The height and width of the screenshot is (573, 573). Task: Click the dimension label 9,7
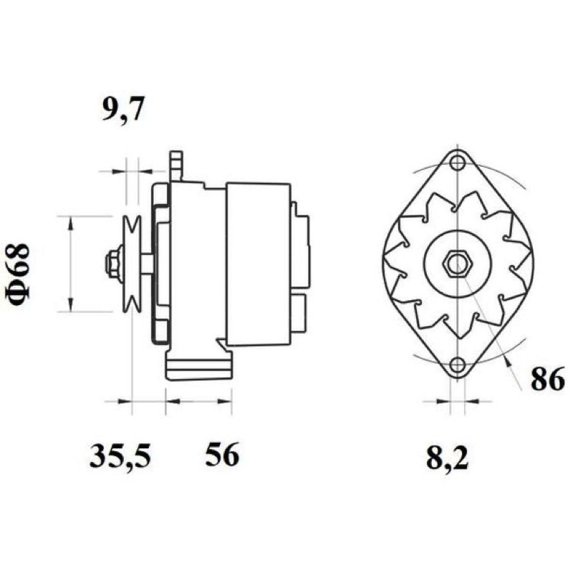(x=122, y=109)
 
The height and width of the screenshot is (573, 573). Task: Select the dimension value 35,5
(x=120, y=456)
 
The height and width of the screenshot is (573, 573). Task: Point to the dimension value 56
(x=222, y=454)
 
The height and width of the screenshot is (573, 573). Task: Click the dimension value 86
(x=548, y=379)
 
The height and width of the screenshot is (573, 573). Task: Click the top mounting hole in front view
(x=457, y=163)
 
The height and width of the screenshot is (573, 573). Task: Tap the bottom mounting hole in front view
(x=457, y=365)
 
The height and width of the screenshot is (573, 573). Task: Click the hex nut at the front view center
(x=457, y=263)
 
